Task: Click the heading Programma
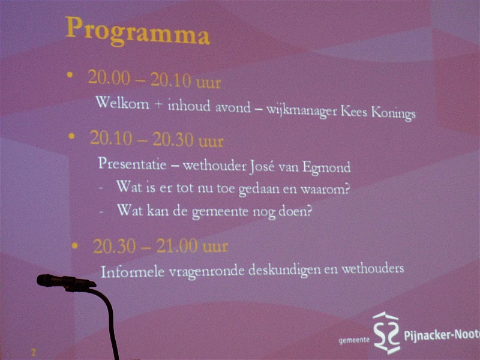point(137,31)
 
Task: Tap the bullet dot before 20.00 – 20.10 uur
point(70,74)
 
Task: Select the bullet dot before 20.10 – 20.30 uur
point(71,136)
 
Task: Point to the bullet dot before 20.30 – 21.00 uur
point(74,245)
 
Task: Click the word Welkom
point(122,103)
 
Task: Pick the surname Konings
point(394,113)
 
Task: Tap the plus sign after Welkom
point(158,104)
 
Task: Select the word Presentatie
point(132,163)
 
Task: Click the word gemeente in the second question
point(220,212)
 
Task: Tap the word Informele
point(132,272)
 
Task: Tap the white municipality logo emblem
point(386,332)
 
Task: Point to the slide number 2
point(34,352)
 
